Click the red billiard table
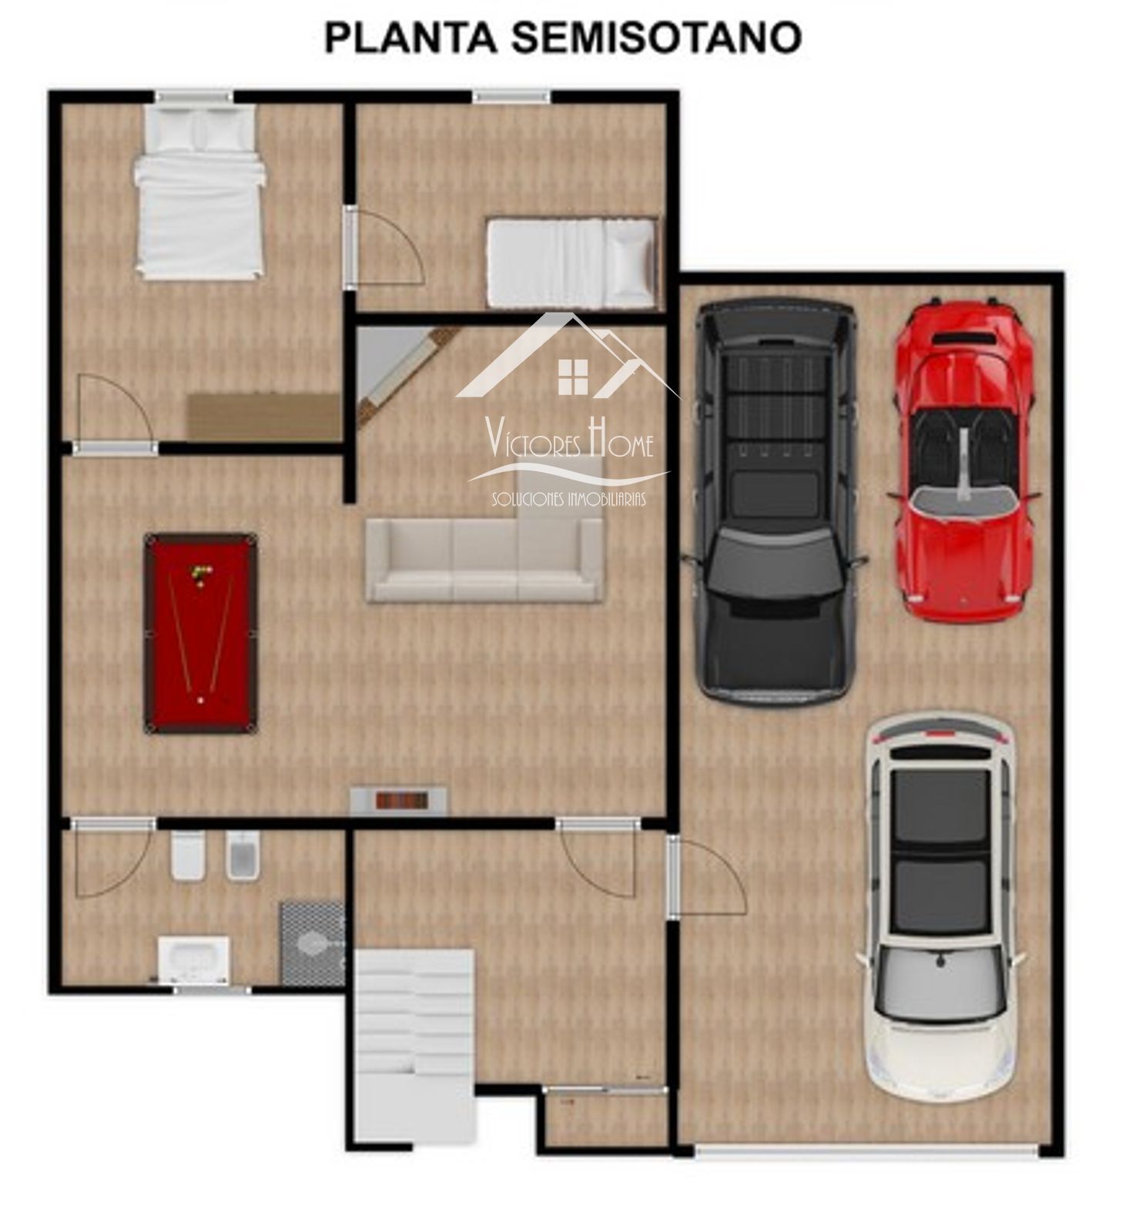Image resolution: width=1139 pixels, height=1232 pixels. (x=201, y=633)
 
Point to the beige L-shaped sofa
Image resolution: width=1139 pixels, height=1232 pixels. (x=485, y=548)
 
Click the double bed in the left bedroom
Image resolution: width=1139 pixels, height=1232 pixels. (x=199, y=191)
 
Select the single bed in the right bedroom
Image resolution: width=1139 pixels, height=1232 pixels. (x=573, y=263)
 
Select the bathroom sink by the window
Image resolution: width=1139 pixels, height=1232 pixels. (x=193, y=960)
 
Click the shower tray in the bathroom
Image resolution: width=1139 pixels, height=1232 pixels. (x=312, y=944)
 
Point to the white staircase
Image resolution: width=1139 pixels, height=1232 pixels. (x=414, y=1049)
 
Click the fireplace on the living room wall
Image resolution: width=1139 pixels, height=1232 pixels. (x=399, y=800)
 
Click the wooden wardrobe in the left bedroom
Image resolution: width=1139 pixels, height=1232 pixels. (x=264, y=417)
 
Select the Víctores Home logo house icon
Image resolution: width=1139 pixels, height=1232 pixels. (x=570, y=356)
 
